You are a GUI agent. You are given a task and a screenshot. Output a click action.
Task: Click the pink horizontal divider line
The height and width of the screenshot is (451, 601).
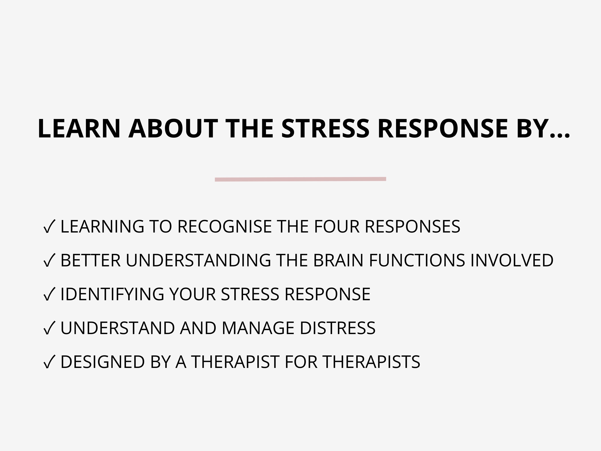point(300,179)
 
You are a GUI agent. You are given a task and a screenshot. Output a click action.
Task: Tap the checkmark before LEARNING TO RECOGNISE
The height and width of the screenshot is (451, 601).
point(49,227)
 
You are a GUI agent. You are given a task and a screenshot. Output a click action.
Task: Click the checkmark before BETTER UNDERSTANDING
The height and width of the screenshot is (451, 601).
point(49,260)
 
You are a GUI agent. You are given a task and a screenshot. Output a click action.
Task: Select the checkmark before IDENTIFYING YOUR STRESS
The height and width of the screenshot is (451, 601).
point(49,294)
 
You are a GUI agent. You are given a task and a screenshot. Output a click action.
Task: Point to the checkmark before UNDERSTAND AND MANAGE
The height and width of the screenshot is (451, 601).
point(49,328)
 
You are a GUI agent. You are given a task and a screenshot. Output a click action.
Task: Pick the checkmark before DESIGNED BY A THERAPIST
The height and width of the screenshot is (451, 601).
point(49,362)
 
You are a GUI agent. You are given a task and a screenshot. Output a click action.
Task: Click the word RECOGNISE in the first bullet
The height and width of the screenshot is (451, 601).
point(224,227)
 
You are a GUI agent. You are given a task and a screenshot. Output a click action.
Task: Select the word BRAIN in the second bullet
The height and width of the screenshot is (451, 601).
point(338,260)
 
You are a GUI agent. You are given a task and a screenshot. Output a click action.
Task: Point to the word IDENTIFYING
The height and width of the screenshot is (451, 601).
point(112,294)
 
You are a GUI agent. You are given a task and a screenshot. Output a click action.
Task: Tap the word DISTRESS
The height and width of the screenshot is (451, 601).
point(337,328)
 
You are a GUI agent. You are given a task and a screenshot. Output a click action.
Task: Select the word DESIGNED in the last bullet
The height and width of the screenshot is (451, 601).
point(102,362)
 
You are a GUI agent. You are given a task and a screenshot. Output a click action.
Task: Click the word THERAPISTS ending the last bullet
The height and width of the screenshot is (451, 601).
point(372,362)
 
